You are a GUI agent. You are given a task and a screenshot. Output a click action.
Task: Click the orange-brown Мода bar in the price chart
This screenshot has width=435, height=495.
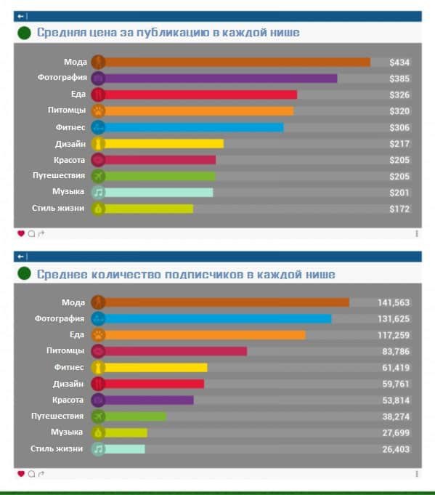(237, 63)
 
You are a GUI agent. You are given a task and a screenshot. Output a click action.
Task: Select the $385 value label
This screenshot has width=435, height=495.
(399, 79)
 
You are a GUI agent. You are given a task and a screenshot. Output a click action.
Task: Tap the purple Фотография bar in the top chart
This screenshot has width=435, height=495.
(221, 79)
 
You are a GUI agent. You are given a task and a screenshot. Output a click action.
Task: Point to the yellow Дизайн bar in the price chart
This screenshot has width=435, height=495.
(163, 144)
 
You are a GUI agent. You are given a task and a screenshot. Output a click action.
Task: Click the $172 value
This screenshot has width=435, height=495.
(399, 209)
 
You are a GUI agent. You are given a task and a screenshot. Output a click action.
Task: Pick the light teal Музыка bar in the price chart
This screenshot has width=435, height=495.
(158, 193)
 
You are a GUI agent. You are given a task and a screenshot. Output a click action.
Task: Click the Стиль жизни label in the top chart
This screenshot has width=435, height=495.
(58, 209)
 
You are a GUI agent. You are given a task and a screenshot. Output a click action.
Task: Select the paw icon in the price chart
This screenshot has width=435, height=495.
(98, 111)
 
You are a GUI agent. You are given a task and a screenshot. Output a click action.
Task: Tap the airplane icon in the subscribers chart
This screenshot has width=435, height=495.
(98, 416)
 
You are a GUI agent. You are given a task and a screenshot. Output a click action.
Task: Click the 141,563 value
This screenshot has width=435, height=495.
(394, 303)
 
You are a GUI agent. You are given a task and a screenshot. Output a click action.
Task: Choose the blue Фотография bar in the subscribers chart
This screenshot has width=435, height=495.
(218, 319)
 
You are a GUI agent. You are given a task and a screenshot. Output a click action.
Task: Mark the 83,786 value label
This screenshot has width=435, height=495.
(396, 351)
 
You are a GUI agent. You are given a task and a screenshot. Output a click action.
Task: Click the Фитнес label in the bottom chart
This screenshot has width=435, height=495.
(69, 367)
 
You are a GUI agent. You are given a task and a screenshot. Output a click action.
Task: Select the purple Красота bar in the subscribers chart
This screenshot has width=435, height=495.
(149, 401)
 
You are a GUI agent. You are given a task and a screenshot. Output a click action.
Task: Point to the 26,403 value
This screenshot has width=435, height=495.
(396, 449)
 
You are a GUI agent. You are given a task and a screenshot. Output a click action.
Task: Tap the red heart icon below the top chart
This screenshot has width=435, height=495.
(21, 233)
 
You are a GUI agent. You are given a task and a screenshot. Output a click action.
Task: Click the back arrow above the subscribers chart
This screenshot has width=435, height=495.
(20, 257)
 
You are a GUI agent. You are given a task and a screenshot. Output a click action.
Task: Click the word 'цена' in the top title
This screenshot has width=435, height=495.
(102, 33)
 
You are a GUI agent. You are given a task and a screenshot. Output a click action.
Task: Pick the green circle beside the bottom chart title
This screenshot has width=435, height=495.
(24, 273)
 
